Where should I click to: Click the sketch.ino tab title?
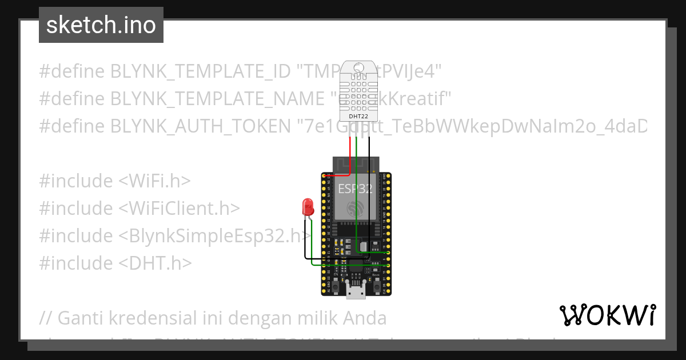point(101,25)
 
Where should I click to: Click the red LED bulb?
point(308,206)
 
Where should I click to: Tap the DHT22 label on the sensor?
point(359,117)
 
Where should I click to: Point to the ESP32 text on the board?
point(356,189)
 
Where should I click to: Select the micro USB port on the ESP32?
point(356,291)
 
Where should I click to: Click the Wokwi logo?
point(607,315)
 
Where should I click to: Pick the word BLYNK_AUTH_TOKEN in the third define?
point(200,126)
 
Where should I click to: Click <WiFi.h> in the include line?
point(154,181)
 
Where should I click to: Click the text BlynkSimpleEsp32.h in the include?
point(214,236)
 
